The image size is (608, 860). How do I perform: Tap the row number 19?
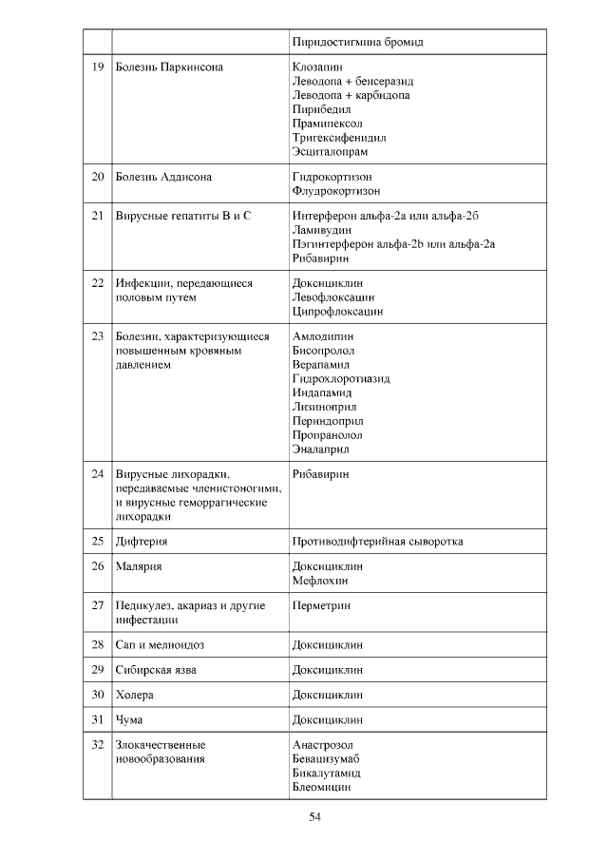pyautogui.click(x=97, y=67)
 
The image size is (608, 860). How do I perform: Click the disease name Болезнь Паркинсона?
pyautogui.click(x=169, y=67)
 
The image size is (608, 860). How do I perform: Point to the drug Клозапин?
pyautogui.click(x=318, y=67)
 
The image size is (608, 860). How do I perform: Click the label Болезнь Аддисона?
pyautogui.click(x=163, y=177)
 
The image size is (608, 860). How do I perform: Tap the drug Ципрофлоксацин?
pyautogui.click(x=338, y=312)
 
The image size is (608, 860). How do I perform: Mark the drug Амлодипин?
pyautogui.click(x=324, y=336)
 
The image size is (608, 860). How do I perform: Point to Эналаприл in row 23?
pyautogui.click(x=321, y=449)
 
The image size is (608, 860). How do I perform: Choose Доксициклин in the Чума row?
pyautogui.click(x=328, y=719)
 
